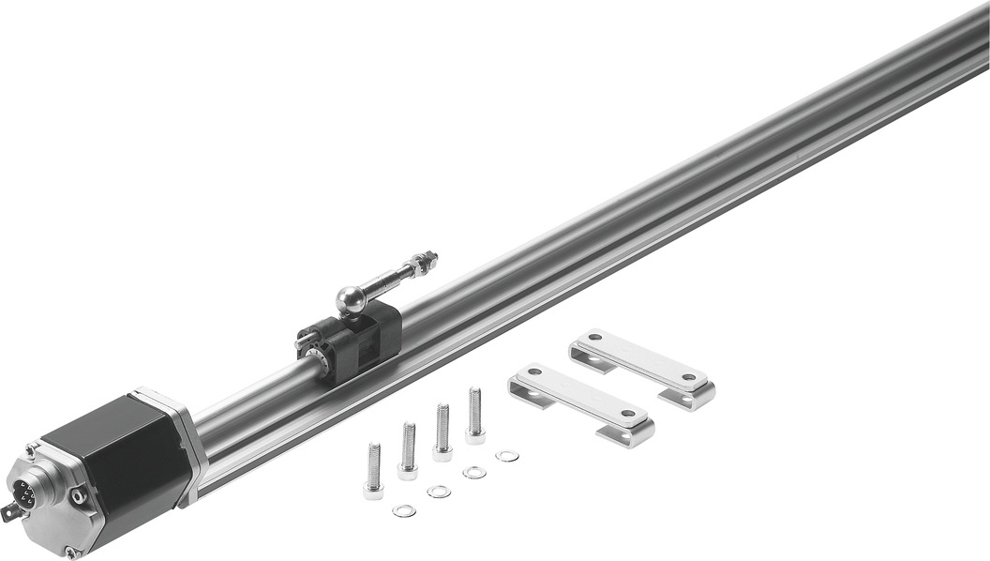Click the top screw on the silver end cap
[x=31, y=452]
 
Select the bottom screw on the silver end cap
[x=69, y=552]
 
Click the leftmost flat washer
[x=404, y=510]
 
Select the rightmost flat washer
[x=507, y=456]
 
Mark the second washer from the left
[x=438, y=492]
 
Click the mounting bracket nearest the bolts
[x=582, y=404]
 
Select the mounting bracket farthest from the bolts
[x=643, y=369]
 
